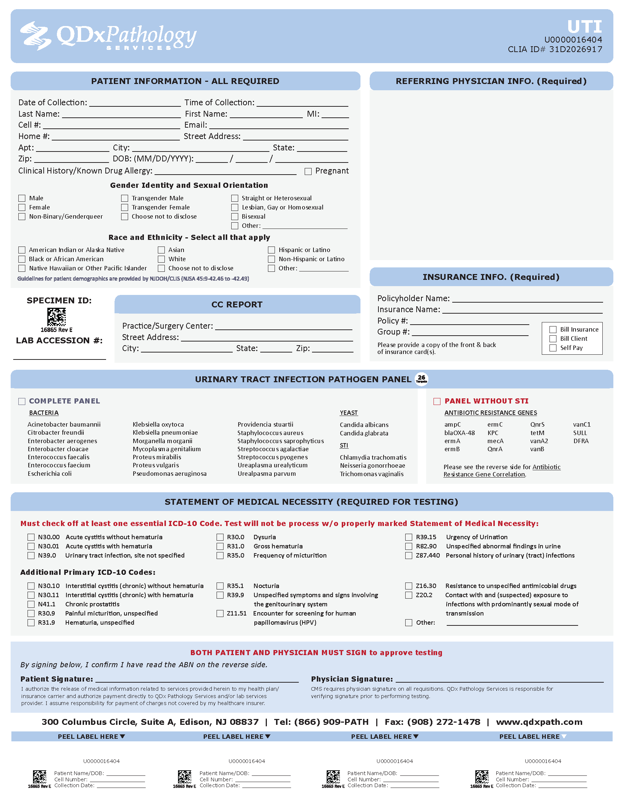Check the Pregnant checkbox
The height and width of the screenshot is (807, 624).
308,171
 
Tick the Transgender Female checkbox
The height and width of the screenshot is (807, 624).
124,208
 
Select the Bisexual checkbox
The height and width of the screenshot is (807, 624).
235,216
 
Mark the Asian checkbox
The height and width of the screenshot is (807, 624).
162,250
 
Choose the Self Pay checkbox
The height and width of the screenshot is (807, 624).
553,348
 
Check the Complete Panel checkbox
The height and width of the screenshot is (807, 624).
22,401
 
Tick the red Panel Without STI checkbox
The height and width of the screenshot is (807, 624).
437,401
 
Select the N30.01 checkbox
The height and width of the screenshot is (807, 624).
31,546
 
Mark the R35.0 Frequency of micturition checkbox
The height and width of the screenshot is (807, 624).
220,555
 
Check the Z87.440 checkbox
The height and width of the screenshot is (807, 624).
409,555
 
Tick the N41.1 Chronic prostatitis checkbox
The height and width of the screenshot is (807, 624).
31,604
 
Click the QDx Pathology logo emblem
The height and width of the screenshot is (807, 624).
36,36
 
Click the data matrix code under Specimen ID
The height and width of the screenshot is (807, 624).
57,317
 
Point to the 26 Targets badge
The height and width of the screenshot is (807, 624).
421,379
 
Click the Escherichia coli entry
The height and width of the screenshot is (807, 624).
50,474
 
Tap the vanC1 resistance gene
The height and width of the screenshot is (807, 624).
581,424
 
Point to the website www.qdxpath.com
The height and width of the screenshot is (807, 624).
539,722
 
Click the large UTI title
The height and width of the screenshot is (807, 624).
584,27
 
